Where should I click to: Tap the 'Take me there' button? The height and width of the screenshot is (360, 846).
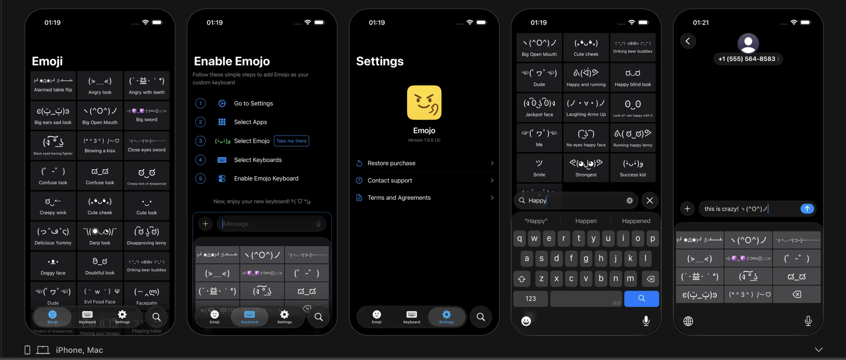click(291, 141)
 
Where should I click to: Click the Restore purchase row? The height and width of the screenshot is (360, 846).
click(424, 163)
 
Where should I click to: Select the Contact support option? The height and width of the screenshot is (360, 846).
click(424, 180)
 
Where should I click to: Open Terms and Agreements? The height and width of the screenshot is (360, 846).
click(424, 198)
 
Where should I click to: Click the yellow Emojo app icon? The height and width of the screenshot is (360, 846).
click(424, 103)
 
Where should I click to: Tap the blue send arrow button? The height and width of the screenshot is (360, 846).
click(807, 209)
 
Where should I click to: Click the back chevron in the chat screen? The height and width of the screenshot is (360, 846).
click(688, 41)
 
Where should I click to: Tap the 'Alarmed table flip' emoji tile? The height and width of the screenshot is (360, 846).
click(53, 85)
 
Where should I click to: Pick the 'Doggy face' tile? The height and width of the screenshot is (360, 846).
click(53, 266)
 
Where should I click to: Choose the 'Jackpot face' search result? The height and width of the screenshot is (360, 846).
click(539, 107)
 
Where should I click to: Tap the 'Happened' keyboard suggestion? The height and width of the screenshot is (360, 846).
click(636, 221)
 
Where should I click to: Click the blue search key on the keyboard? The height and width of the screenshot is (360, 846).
click(641, 298)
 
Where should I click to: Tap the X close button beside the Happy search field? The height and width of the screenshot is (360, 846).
click(650, 200)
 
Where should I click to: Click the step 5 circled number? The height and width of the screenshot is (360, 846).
click(200, 178)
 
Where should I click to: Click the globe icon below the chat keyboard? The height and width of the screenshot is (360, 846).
click(688, 321)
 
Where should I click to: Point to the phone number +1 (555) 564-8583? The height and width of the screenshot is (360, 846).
click(746, 59)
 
